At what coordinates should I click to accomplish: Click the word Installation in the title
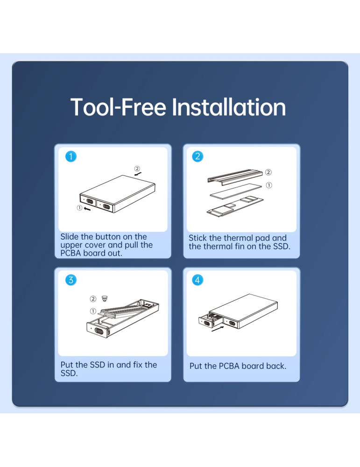coord(229,107)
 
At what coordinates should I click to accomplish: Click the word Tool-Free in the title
coord(118,107)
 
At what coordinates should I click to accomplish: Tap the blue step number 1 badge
coord(71,156)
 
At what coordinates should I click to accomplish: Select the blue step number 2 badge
coord(198,156)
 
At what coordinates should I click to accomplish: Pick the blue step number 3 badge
coord(71,280)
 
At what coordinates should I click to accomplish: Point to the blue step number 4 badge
coord(198,280)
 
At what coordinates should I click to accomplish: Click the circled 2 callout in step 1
coord(137,169)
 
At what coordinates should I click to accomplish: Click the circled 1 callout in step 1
coord(79,208)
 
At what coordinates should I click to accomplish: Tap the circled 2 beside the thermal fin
coord(268,172)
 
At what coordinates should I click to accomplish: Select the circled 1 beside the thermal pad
coord(269,185)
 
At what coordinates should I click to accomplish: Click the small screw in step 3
coord(105,298)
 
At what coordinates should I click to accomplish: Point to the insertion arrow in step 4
coord(218,329)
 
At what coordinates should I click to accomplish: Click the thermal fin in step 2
coord(235,177)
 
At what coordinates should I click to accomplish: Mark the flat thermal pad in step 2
coord(236,191)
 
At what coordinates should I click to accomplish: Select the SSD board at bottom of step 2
coord(235,206)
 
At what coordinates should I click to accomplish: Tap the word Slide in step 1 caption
coord(70,237)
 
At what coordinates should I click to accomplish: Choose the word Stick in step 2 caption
coord(198,238)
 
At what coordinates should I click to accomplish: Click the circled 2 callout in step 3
coord(93,299)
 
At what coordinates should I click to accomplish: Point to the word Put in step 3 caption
coord(67,365)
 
